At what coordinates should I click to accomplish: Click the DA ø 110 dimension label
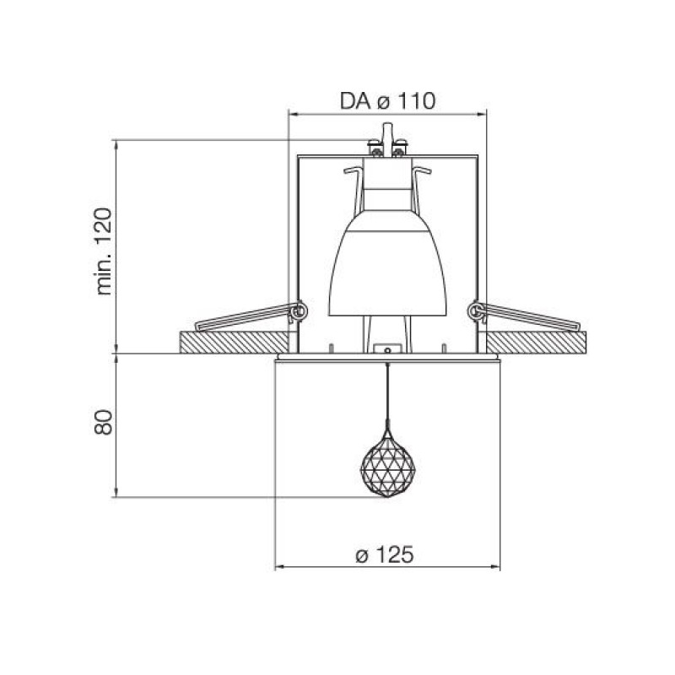coord(387,101)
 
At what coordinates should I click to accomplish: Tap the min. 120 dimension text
coord(104,251)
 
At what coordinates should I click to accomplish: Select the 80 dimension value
coord(103,423)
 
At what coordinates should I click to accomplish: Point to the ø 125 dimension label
coord(385,554)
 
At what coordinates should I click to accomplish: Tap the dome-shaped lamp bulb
coord(387,262)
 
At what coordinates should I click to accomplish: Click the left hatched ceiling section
coord(235,343)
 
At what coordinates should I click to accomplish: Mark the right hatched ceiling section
coord(536,343)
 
